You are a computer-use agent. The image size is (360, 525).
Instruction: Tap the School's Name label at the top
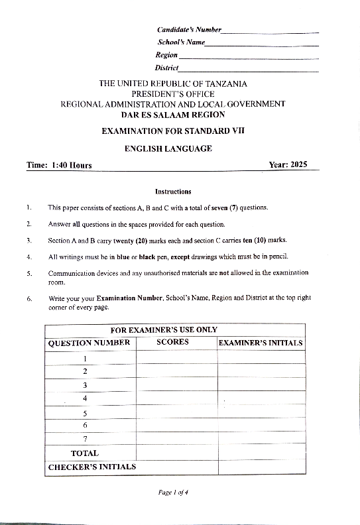180,42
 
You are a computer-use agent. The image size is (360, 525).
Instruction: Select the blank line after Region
249,58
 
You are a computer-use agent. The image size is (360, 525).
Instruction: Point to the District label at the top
167,68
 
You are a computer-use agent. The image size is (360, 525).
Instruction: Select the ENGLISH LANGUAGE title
168,148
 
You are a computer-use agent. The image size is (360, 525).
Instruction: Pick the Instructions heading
172,192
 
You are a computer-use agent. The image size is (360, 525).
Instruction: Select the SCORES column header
172,343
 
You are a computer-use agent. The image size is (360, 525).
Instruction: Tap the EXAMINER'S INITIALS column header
261,343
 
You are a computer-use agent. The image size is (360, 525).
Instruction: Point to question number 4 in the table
85,398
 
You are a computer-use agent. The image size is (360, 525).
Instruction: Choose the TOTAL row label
85,453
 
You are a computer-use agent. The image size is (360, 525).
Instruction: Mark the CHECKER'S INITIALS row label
92,467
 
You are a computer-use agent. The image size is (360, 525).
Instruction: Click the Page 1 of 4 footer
174,493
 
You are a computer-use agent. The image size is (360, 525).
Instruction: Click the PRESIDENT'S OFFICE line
172,94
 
